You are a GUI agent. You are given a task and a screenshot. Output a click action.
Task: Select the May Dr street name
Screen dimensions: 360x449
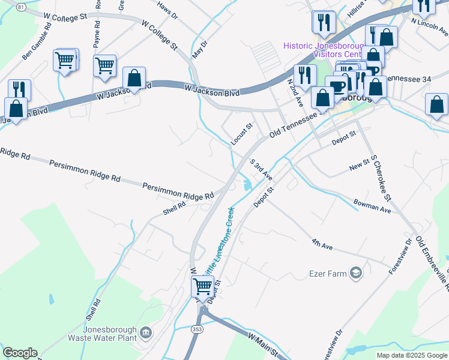click(x=199, y=49)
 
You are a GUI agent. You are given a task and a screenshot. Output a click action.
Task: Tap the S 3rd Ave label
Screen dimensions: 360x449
click(x=262, y=169)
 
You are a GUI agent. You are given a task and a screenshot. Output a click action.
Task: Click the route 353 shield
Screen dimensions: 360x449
click(x=198, y=329)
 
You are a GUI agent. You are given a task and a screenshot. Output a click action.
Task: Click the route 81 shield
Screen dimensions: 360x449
click(x=22, y=7)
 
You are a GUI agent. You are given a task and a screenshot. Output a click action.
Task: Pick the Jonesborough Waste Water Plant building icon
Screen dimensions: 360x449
click(x=145, y=332)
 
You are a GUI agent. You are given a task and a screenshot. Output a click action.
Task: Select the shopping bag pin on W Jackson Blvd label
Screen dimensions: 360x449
click(x=134, y=78)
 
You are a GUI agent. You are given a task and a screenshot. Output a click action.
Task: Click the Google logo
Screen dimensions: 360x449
click(x=20, y=353)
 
